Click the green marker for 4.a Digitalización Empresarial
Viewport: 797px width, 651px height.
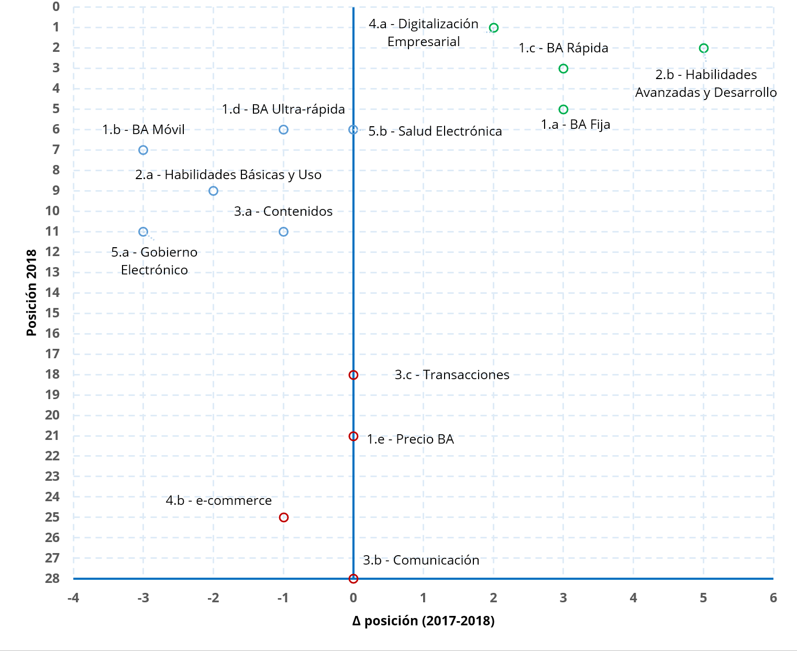click(x=493, y=28)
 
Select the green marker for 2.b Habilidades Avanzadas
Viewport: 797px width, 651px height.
click(x=703, y=48)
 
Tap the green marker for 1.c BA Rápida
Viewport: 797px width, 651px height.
click(x=563, y=69)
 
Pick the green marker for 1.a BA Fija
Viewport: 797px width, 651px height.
click(x=563, y=109)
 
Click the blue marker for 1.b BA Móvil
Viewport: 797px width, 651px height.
click(x=143, y=150)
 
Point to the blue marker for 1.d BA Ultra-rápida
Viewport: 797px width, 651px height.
click(x=283, y=129)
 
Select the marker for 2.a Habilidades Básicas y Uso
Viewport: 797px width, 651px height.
click(x=213, y=191)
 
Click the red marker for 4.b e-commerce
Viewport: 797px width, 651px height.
click(x=283, y=517)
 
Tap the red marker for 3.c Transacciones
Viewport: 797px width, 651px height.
click(x=353, y=375)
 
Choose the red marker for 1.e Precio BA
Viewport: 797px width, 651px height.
click(x=353, y=436)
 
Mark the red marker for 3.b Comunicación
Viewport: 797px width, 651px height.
click(x=353, y=579)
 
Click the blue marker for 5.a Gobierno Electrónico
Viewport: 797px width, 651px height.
click(x=143, y=231)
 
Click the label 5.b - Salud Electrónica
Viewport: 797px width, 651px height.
click(x=435, y=131)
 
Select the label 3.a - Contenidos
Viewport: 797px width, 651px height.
click(x=283, y=211)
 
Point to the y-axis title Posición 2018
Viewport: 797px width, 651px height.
click(x=31, y=292)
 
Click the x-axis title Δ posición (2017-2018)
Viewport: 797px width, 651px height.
click(x=423, y=621)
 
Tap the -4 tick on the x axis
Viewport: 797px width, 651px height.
click(x=73, y=598)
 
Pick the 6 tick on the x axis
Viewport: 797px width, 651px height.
click(x=773, y=598)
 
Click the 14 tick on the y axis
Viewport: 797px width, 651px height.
click(x=52, y=292)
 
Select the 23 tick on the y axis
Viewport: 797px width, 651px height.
click(x=52, y=476)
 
